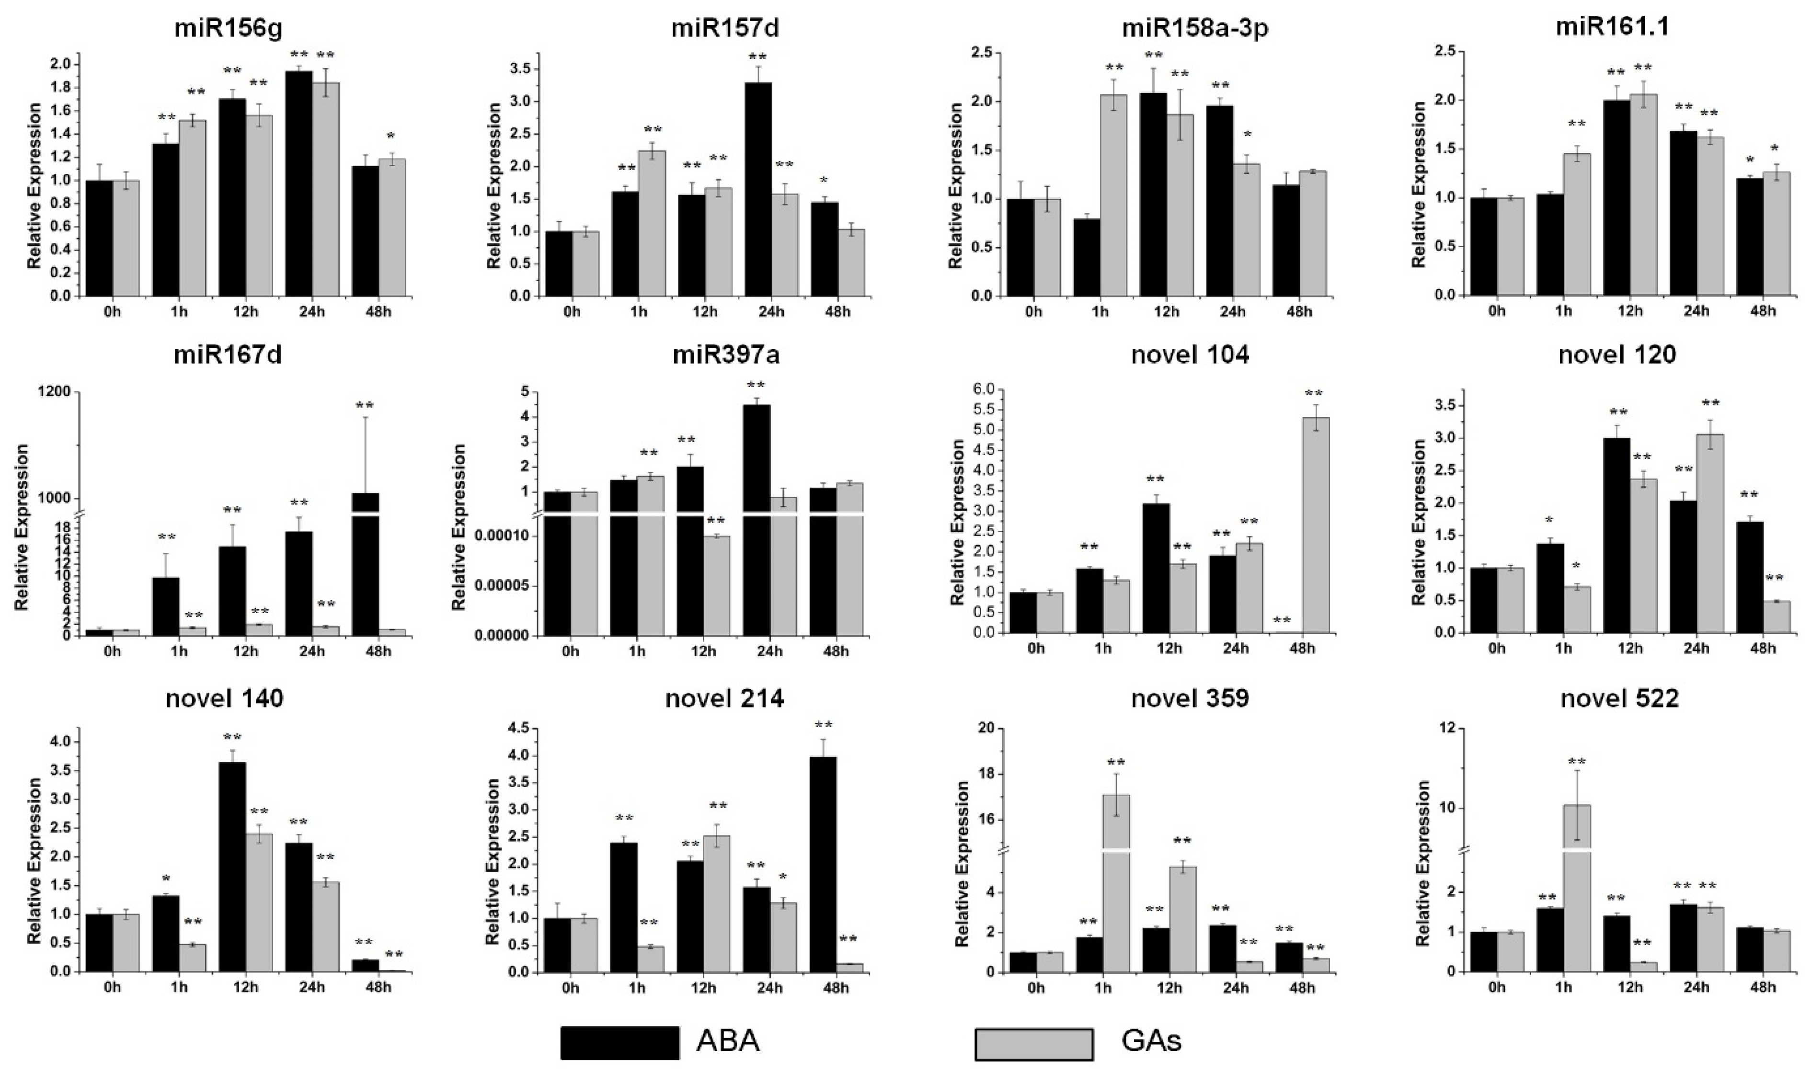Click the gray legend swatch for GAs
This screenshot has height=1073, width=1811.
(x=1034, y=1043)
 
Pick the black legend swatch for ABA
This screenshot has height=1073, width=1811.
(x=619, y=1043)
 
